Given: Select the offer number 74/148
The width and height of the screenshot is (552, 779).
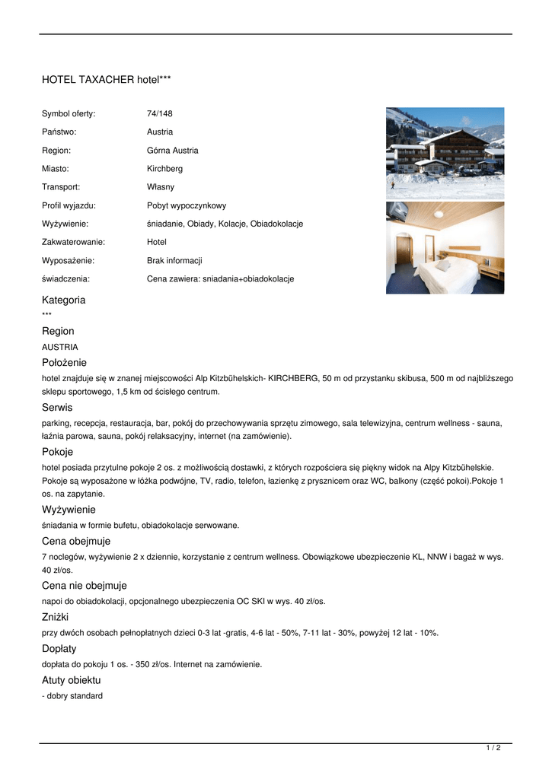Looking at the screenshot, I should (160, 113).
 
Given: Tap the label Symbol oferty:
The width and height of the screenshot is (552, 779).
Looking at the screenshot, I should (69, 113).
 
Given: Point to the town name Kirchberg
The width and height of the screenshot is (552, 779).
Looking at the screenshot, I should (164, 168).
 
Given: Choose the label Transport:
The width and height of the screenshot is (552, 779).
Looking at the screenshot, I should (61, 186).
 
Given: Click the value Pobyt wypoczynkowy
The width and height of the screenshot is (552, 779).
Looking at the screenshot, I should (187, 205).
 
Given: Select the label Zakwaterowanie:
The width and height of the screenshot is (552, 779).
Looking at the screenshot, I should (73, 242).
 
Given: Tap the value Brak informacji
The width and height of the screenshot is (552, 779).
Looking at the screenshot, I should (174, 260).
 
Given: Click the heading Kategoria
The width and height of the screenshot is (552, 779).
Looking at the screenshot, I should (64, 300).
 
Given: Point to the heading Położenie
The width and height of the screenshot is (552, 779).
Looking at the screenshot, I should (65, 362).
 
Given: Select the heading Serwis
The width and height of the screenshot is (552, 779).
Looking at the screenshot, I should (58, 407).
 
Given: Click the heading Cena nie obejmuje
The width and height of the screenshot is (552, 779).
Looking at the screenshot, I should (85, 586).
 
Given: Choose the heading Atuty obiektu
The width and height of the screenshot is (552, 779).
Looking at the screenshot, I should (72, 680).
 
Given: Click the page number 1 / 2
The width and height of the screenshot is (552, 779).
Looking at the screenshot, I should (493, 749).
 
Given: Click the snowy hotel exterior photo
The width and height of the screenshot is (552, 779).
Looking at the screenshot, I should (445, 153).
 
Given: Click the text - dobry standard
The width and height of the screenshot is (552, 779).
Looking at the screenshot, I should (72, 696).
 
